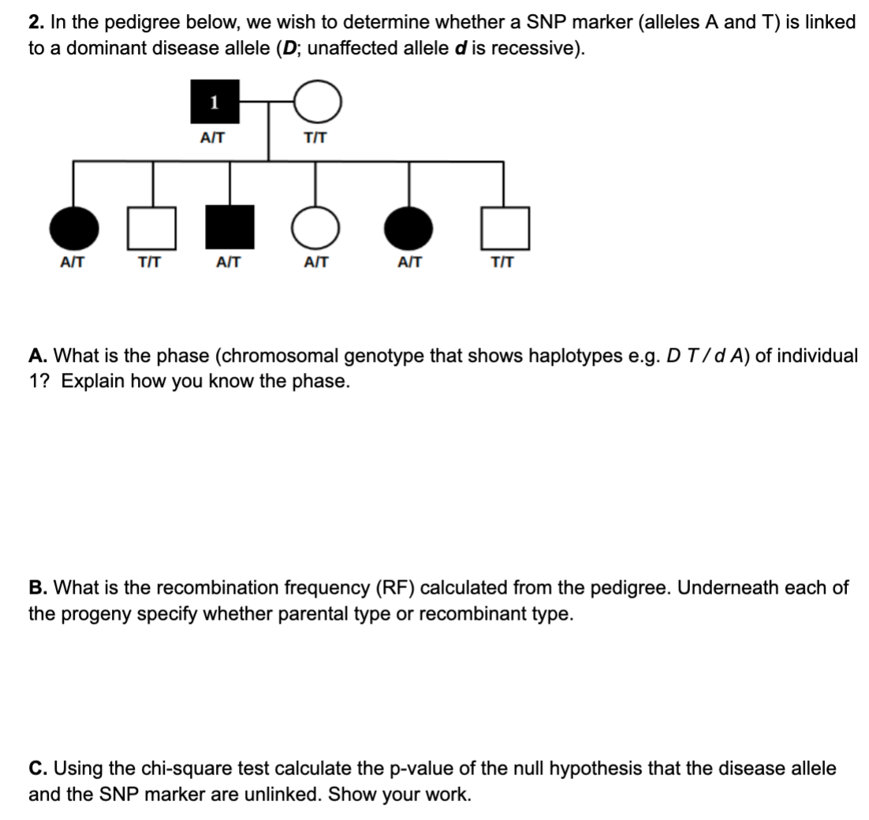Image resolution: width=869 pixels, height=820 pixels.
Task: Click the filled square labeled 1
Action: pyautogui.click(x=213, y=102)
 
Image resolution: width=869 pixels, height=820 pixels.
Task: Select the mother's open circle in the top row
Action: pyautogui.click(x=317, y=102)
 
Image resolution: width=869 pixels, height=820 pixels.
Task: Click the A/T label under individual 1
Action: pyautogui.click(x=212, y=137)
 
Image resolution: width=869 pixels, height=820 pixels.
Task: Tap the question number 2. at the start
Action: pyautogui.click(x=36, y=22)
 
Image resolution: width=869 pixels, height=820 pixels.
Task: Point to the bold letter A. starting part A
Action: pyautogui.click(x=37, y=356)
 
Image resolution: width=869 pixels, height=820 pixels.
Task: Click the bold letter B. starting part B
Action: pyautogui.click(x=37, y=588)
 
